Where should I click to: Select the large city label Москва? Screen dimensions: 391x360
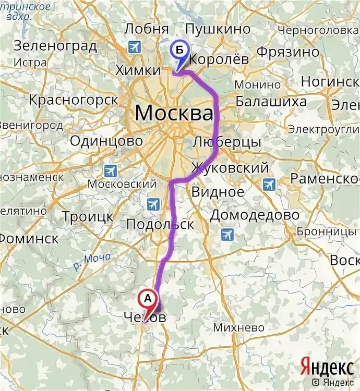click(x=174, y=113)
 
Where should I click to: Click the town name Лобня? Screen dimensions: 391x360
click(x=147, y=29)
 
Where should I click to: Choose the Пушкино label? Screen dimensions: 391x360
click(x=218, y=29)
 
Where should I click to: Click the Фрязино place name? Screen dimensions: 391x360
click(x=287, y=52)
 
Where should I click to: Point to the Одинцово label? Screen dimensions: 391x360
click(x=106, y=141)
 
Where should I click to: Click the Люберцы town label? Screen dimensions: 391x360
click(x=227, y=142)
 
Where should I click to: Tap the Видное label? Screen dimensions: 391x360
click(x=218, y=191)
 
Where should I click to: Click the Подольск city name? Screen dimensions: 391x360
click(x=160, y=224)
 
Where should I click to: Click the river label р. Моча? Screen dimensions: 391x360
click(x=92, y=261)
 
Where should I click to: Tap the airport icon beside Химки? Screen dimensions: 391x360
click(x=135, y=47)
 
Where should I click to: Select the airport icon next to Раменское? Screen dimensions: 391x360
click(x=269, y=184)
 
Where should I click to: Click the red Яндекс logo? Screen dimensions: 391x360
click(x=327, y=367)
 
